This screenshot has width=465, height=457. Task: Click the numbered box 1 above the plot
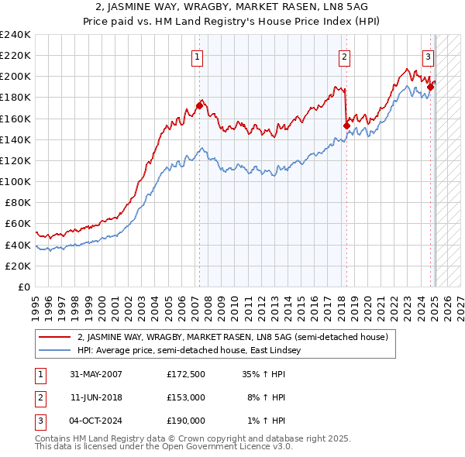pos(198,56)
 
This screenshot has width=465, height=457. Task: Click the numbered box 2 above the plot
pos(343,56)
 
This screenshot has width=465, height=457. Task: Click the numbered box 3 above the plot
pos(428,56)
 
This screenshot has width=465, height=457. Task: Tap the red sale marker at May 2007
pos(199,105)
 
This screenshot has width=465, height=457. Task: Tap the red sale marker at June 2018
pos(346,125)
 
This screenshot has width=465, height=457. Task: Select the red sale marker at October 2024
pos(431,87)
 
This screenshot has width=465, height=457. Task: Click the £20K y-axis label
pos(19,266)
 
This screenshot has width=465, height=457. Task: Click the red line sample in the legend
pos(55,337)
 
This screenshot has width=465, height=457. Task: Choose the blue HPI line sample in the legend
pos(55,351)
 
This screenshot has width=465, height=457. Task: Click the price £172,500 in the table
pos(186,374)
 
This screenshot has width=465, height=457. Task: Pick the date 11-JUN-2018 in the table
pos(96,397)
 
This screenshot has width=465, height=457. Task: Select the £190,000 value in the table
pos(186,421)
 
